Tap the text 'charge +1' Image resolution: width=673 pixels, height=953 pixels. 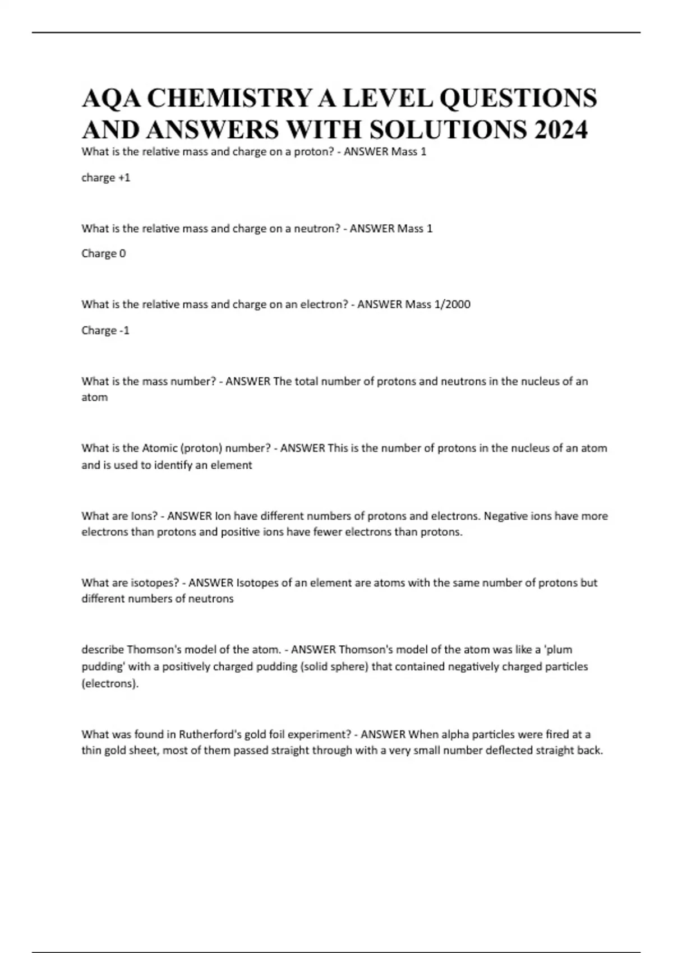pos(106,178)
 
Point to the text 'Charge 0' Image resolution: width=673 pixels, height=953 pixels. pos(104,253)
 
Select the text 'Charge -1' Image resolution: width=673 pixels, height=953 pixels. pos(105,330)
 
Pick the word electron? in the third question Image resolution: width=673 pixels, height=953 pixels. pos(324,304)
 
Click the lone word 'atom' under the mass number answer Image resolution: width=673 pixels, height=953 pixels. pos(94,397)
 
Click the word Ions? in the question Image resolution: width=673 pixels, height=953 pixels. pos(144,516)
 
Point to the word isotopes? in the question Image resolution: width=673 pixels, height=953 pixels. pos(155,582)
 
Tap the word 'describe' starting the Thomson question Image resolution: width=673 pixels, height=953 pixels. pos(103,650)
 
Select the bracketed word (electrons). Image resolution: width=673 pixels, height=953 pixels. pos(110,684)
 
